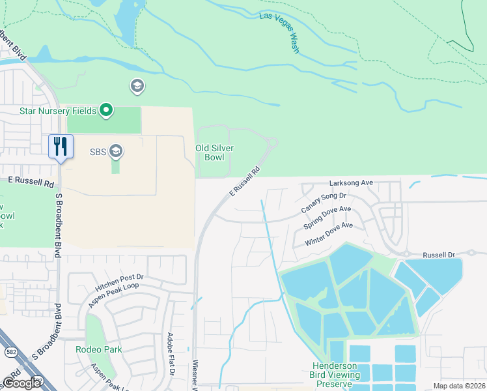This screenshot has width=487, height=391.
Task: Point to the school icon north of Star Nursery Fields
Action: (x=137, y=86)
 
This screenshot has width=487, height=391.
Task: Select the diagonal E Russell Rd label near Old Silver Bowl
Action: (x=245, y=181)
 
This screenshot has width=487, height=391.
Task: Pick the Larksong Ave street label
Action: (x=350, y=183)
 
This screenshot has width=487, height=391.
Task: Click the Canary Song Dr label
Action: (x=324, y=203)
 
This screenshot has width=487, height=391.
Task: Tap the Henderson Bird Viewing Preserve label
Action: (x=336, y=375)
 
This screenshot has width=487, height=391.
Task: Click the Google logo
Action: (x=21, y=383)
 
